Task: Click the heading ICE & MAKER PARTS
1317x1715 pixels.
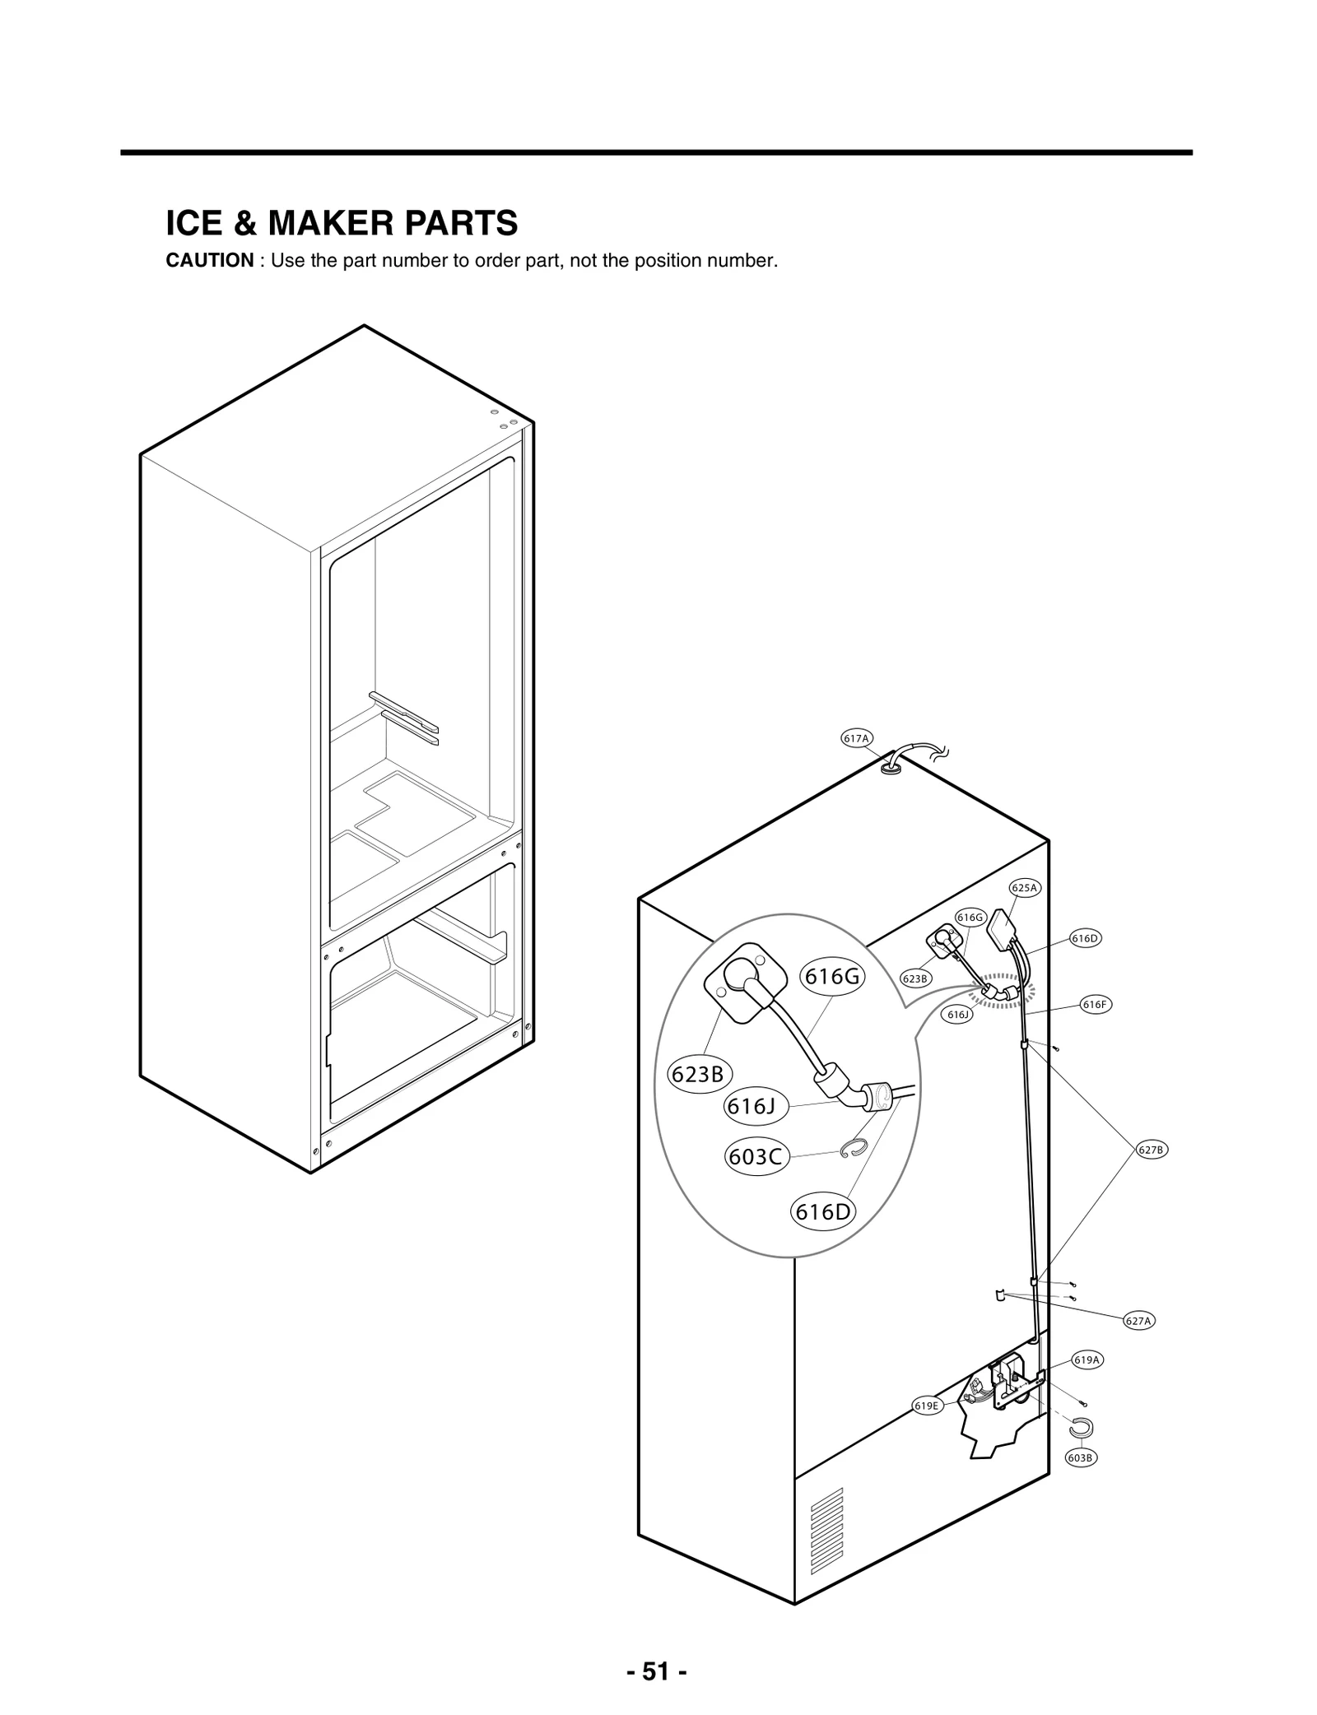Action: click(342, 223)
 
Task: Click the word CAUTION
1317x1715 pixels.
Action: click(210, 261)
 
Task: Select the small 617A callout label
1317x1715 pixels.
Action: click(856, 738)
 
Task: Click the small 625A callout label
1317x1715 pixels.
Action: click(1025, 888)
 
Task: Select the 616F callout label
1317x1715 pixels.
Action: click(1096, 1005)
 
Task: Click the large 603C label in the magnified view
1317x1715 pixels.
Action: click(756, 1157)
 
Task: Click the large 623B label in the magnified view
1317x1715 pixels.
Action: click(699, 1075)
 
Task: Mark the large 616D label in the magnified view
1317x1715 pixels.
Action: click(823, 1212)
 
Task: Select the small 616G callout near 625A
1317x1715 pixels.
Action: click(970, 918)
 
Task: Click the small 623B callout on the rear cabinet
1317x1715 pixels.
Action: click(915, 978)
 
